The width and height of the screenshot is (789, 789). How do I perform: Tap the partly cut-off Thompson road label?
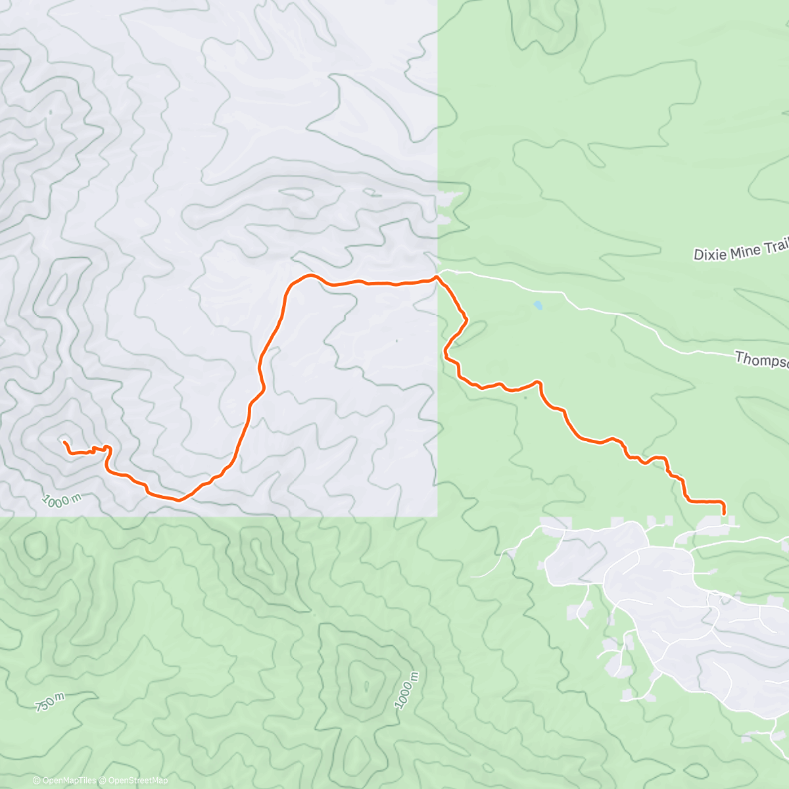pos(762,360)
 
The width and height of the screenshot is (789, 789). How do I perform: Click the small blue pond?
pos(538,306)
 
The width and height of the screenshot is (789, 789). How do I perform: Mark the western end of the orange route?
pos(64,442)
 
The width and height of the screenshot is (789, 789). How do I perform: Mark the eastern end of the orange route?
pos(724,512)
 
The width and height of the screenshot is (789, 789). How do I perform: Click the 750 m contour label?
pos(50,702)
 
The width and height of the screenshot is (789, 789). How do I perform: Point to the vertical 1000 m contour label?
pos(407,691)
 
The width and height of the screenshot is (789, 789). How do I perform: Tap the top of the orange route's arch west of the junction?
pos(310,275)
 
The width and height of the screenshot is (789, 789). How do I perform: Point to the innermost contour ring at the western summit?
pos(64,438)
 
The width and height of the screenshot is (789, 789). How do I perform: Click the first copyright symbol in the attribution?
pos(36,780)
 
